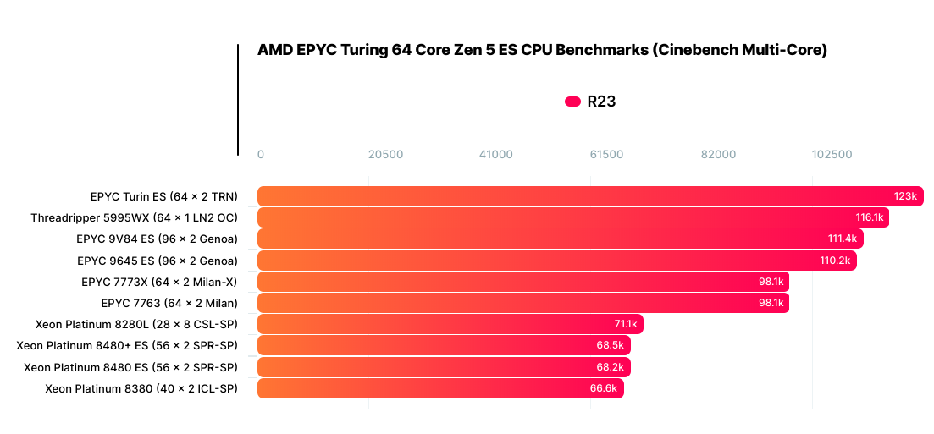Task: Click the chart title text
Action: point(542,51)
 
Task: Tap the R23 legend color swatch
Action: point(572,102)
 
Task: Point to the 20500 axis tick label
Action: point(385,155)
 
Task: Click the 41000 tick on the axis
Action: point(495,155)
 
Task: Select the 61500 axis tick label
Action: point(606,155)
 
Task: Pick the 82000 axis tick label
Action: point(718,155)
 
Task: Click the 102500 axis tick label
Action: point(832,155)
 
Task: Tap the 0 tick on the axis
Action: point(261,155)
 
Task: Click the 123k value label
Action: point(905,196)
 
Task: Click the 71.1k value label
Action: point(626,325)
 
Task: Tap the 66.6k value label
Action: point(606,388)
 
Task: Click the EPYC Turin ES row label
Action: point(163,196)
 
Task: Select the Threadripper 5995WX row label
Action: point(134,217)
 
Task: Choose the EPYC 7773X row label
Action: point(159,282)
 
